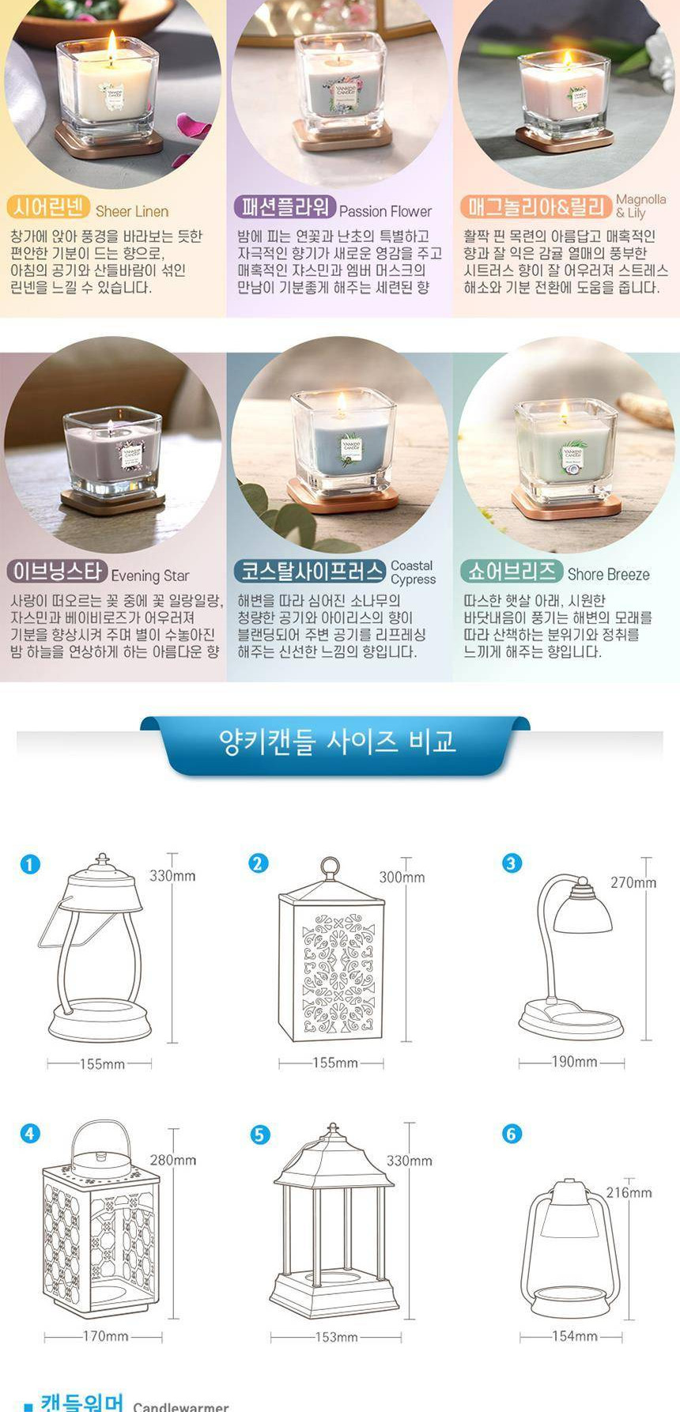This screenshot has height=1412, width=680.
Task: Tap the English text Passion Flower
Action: point(385,211)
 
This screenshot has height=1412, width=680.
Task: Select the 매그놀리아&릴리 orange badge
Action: point(536,207)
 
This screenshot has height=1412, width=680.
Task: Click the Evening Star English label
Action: point(149,576)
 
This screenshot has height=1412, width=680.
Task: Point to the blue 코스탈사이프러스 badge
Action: point(309,571)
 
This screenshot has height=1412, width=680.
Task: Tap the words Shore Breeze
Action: point(608,575)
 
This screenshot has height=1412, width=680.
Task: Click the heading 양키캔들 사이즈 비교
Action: point(338,742)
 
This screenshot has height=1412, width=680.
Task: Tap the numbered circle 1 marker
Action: point(29,864)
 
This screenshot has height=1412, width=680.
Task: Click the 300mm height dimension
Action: point(401,877)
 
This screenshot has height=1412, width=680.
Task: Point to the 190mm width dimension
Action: point(574,1062)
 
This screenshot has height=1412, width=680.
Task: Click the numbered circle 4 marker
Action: point(29,1134)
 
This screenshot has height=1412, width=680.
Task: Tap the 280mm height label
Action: point(172,1160)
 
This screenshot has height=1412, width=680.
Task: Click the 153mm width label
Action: point(336,1338)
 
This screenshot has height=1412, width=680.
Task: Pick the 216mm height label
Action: point(629,1192)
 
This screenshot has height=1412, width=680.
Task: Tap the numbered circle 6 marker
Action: point(512,1134)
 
